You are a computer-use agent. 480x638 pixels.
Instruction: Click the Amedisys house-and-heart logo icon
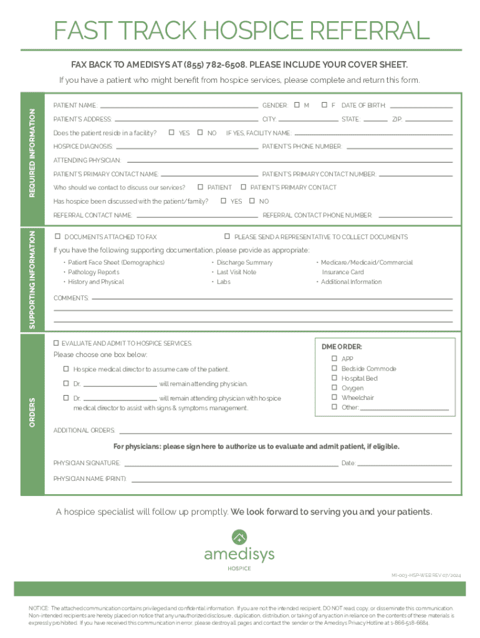pyautogui.click(x=239, y=536)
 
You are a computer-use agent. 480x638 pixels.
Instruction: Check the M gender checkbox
pyautogui.click(x=297, y=105)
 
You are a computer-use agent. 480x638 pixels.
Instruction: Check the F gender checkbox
pyautogui.click(x=324, y=105)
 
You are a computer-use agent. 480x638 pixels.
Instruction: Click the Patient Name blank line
pyautogui.click(x=179, y=106)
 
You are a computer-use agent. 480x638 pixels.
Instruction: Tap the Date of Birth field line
pyautogui.click(x=421, y=106)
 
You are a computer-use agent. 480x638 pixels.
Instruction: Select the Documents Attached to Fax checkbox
pyautogui.click(x=58, y=236)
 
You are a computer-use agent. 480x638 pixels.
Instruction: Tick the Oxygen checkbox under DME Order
pyautogui.click(x=335, y=388)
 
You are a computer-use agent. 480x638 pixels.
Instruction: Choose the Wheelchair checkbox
pyautogui.click(x=335, y=398)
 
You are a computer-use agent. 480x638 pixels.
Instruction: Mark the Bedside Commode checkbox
pyautogui.click(x=335, y=368)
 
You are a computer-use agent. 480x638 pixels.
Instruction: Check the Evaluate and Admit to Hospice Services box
pyautogui.click(x=56, y=343)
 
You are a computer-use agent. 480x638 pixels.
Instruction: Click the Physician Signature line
pyautogui.click(x=231, y=464)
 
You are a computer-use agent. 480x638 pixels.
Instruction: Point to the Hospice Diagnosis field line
pyautogui.click(x=187, y=148)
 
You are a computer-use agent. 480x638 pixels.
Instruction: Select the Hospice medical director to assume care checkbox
pyautogui.click(x=66, y=369)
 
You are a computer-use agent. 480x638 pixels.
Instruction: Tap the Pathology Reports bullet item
pyautogui.click(x=94, y=272)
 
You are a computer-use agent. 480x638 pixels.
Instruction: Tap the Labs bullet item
pyautogui.click(x=223, y=282)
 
